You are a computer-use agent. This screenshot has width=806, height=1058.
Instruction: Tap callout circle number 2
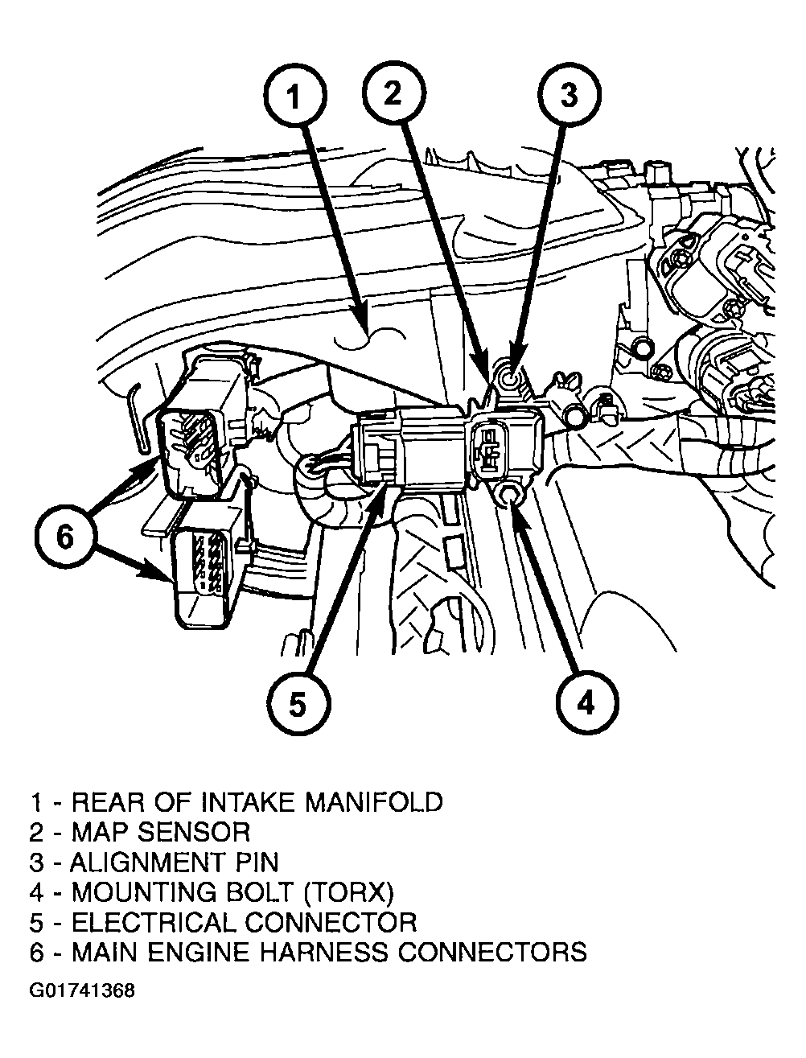pyautogui.click(x=392, y=95)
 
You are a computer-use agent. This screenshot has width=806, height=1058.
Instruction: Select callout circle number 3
pyautogui.click(x=568, y=95)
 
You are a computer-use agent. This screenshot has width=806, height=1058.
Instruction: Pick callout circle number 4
pyautogui.click(x=586, y=702)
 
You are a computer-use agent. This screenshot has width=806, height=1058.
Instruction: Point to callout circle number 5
pyautogui.click(x=298, y=705)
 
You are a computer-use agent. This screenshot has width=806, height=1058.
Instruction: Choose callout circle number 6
pyautogui.click(x=64, y=535)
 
